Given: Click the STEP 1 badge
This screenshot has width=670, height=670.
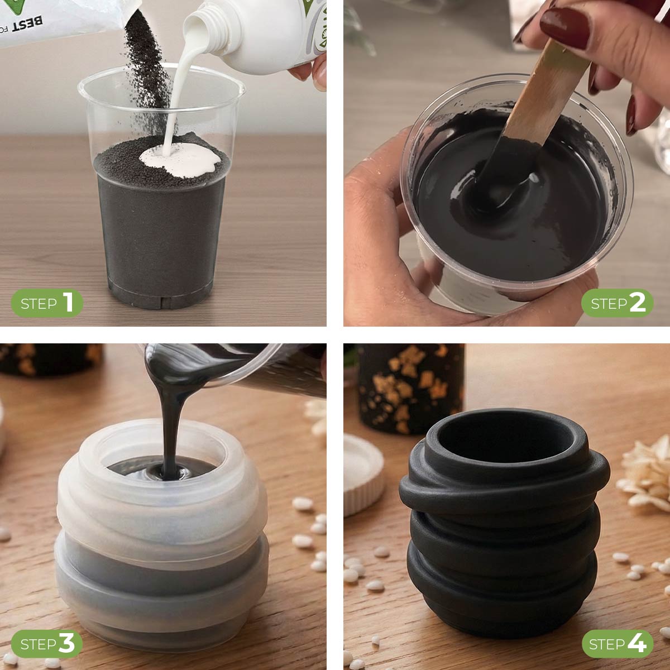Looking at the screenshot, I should tap(47, 304).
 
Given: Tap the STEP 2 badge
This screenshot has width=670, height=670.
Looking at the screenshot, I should tap(617, 304).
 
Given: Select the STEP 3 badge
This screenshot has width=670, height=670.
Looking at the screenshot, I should tap(47, 644).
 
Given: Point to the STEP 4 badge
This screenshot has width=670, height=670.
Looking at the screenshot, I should tap(617, 644).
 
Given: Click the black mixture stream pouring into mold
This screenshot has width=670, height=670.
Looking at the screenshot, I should tap(167, 424).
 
